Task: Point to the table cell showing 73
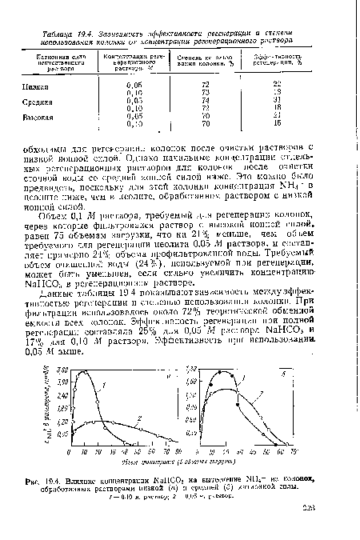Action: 204,90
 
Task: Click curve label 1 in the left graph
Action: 106,387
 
